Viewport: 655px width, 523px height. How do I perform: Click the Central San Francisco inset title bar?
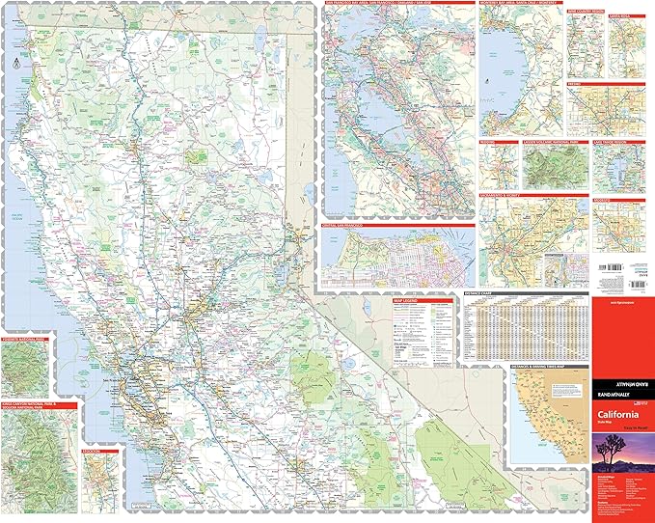point(347,228)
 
